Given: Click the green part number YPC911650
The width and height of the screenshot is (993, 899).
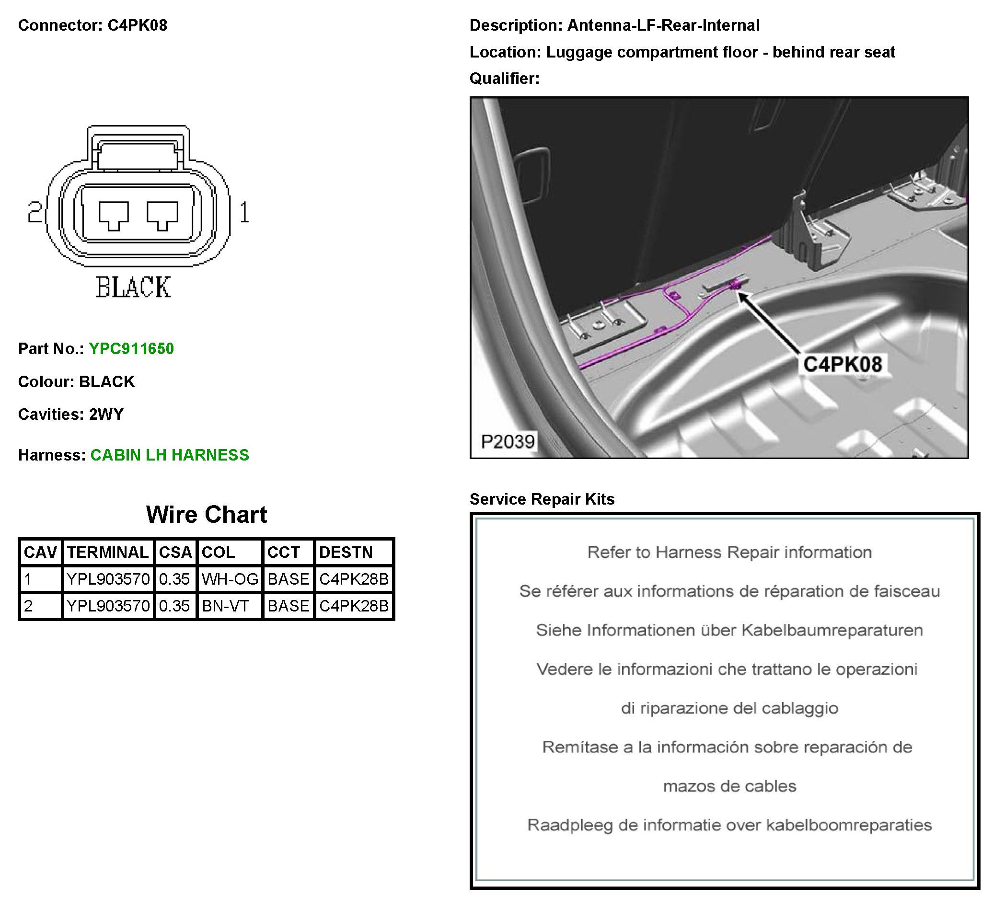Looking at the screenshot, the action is tap(131, 349).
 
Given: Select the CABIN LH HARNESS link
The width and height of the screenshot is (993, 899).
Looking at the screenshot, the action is tap(170, 455).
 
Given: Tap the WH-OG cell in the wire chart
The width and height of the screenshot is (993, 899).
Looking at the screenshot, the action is tap(230, 579).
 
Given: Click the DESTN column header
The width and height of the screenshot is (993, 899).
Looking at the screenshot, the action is tap(346, 552).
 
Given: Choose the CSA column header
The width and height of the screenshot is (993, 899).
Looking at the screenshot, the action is tap(175, 552).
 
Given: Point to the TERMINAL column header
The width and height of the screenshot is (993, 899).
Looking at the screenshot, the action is tap(108, 552).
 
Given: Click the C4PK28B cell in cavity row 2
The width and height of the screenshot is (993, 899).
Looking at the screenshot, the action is tap(354, 606).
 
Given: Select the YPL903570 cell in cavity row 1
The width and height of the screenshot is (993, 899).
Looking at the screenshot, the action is tap(108, 579).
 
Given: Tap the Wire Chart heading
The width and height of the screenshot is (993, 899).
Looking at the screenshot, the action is tap(207, 515).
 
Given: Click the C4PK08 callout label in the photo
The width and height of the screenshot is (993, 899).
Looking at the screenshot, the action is tap(843, 365).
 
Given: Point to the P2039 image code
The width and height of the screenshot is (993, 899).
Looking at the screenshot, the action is tap(508, 442).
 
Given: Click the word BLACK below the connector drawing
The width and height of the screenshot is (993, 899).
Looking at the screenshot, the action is tap(133, 287).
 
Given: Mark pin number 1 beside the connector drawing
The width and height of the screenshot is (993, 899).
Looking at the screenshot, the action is tap(244, 213).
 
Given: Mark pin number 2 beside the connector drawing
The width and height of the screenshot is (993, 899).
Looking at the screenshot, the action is tap(35, 213).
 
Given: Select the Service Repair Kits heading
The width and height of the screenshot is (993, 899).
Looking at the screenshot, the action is tap(542, 499).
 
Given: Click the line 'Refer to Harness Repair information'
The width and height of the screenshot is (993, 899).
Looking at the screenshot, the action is tap(729, 552).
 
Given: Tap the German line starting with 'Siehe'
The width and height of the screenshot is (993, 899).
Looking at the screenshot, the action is tap(729, 630).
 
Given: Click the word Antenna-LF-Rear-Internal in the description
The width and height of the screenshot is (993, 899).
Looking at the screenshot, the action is tap(663, 25).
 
